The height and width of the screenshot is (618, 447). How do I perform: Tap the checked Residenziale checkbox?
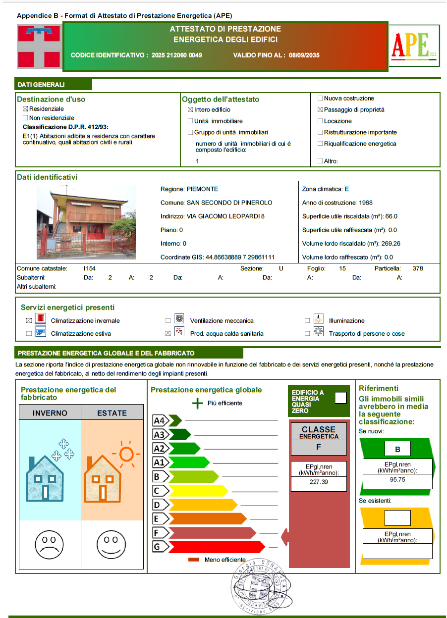[x=25, y=109]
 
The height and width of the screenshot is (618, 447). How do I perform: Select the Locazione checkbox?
[x=320, y=121]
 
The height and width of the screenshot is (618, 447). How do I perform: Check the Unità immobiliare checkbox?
[x=190, y=121]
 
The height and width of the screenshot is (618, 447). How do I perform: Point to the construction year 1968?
[x=365, y=203]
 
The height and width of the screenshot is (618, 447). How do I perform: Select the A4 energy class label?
[x=159, y=421]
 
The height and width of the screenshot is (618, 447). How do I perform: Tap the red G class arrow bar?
[x=216, y=547]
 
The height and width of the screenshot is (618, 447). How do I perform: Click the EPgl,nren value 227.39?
[x=319, y=482]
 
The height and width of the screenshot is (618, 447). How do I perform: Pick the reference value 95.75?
[x=397, y=480]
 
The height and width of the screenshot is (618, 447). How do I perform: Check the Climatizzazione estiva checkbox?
[x=29, y=334]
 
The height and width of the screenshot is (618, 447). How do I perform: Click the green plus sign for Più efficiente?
[x=197, y=403]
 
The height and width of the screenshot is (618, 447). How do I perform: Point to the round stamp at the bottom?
[x=258, y=588]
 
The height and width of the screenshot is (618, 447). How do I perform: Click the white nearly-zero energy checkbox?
[x=340, y=398]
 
